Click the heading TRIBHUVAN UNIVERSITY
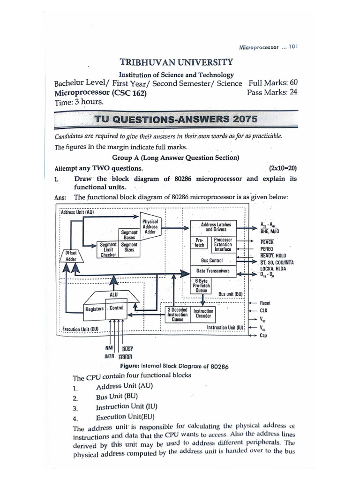click(176, 62)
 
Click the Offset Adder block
click(71, 256)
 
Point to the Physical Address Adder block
click(150, 226)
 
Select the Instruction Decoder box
click(203, 314)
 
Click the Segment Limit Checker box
click(108, 250)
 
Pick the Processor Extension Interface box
click(223, 244)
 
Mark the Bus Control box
click(212, 260)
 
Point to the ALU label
click(113, 294)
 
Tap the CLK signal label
click(263, 310)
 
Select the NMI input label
click(109, 348)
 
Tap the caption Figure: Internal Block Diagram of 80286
click(174, 366)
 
